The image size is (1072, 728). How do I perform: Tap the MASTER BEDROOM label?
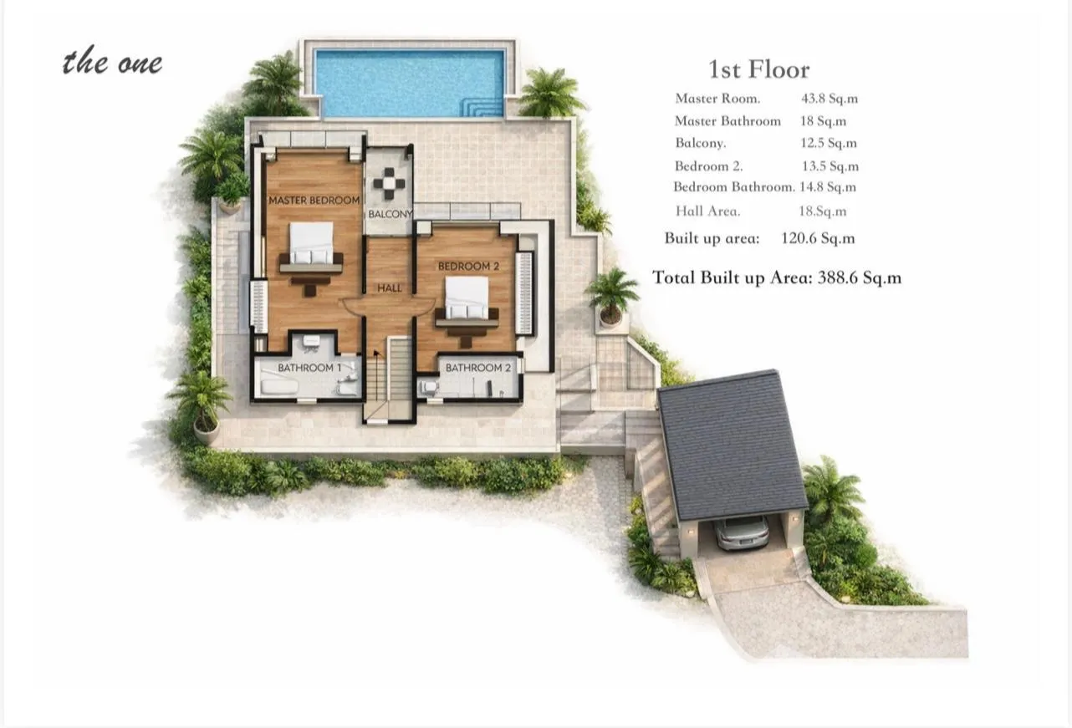[314, 200]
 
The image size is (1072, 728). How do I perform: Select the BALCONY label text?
[390, 214]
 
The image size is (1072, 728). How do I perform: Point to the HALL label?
[389, 288]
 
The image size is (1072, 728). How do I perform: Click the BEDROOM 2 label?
[468, 266]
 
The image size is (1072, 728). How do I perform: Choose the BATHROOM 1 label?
[309, 368]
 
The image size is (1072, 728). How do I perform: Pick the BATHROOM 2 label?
[478, 368]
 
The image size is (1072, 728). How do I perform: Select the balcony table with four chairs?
[389, 184]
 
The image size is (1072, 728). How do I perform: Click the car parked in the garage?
[742, 532]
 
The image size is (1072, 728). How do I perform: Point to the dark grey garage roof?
[732, 445]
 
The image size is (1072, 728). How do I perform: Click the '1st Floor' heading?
[758, 70]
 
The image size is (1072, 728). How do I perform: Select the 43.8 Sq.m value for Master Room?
[830, 99]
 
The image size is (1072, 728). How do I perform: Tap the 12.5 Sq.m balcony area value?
[829, 143]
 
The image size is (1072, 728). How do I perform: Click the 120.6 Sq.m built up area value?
[818, 238]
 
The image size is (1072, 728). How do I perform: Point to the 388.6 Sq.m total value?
[859, 277]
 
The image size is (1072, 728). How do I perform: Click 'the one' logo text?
[112, 62]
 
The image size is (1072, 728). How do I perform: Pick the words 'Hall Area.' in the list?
[707, 211]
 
